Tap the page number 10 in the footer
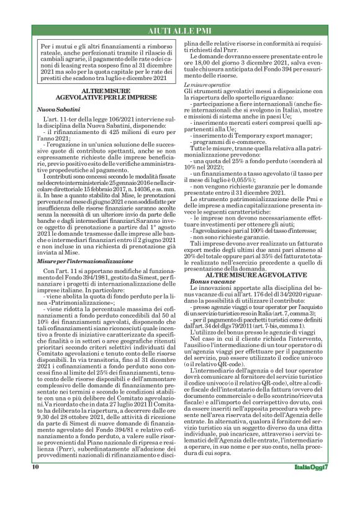coord(35,484)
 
